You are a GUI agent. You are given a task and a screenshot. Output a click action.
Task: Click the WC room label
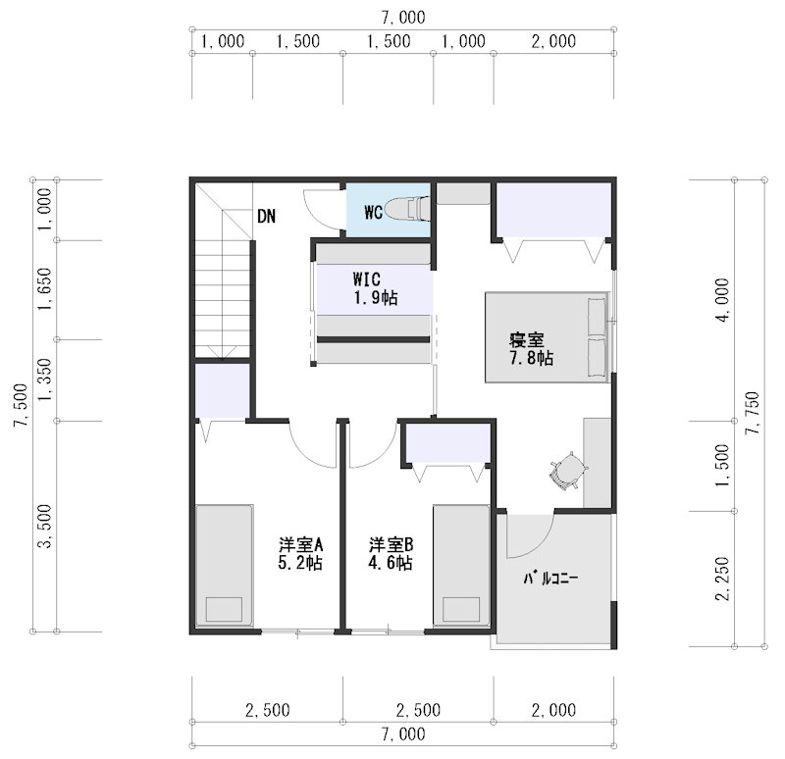coord(374,212)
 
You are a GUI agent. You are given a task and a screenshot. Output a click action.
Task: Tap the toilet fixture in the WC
coord(408,208)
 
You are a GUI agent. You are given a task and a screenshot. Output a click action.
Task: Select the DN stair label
coord(266,216)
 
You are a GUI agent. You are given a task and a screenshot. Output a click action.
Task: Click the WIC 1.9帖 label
coord(375,288)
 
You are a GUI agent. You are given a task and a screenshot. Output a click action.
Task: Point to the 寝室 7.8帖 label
coord(531,349)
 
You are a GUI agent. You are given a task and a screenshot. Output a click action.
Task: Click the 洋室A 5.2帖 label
coord(300,553)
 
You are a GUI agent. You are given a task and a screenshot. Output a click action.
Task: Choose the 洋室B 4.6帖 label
coord(391,553)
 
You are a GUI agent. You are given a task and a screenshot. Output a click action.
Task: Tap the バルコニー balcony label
coord(550,579)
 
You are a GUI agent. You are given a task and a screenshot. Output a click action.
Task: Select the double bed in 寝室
coord(548,337)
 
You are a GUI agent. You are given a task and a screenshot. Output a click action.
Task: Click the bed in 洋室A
coord(224,566)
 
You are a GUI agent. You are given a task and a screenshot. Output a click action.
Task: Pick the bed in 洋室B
coord(461,566)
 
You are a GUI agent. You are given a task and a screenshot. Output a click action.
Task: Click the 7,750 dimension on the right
coord(753,413)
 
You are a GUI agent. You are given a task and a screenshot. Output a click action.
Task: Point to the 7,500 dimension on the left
coord(21,405)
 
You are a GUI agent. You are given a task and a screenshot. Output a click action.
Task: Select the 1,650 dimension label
coord(44,288)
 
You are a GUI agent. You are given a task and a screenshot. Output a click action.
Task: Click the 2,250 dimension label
coord(722,579)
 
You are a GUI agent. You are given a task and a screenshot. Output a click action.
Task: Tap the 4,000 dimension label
coord(722,300)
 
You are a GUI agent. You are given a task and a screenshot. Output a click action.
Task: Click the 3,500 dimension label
coord(44,526)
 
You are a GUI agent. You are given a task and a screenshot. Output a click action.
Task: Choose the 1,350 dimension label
coord(44,379)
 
